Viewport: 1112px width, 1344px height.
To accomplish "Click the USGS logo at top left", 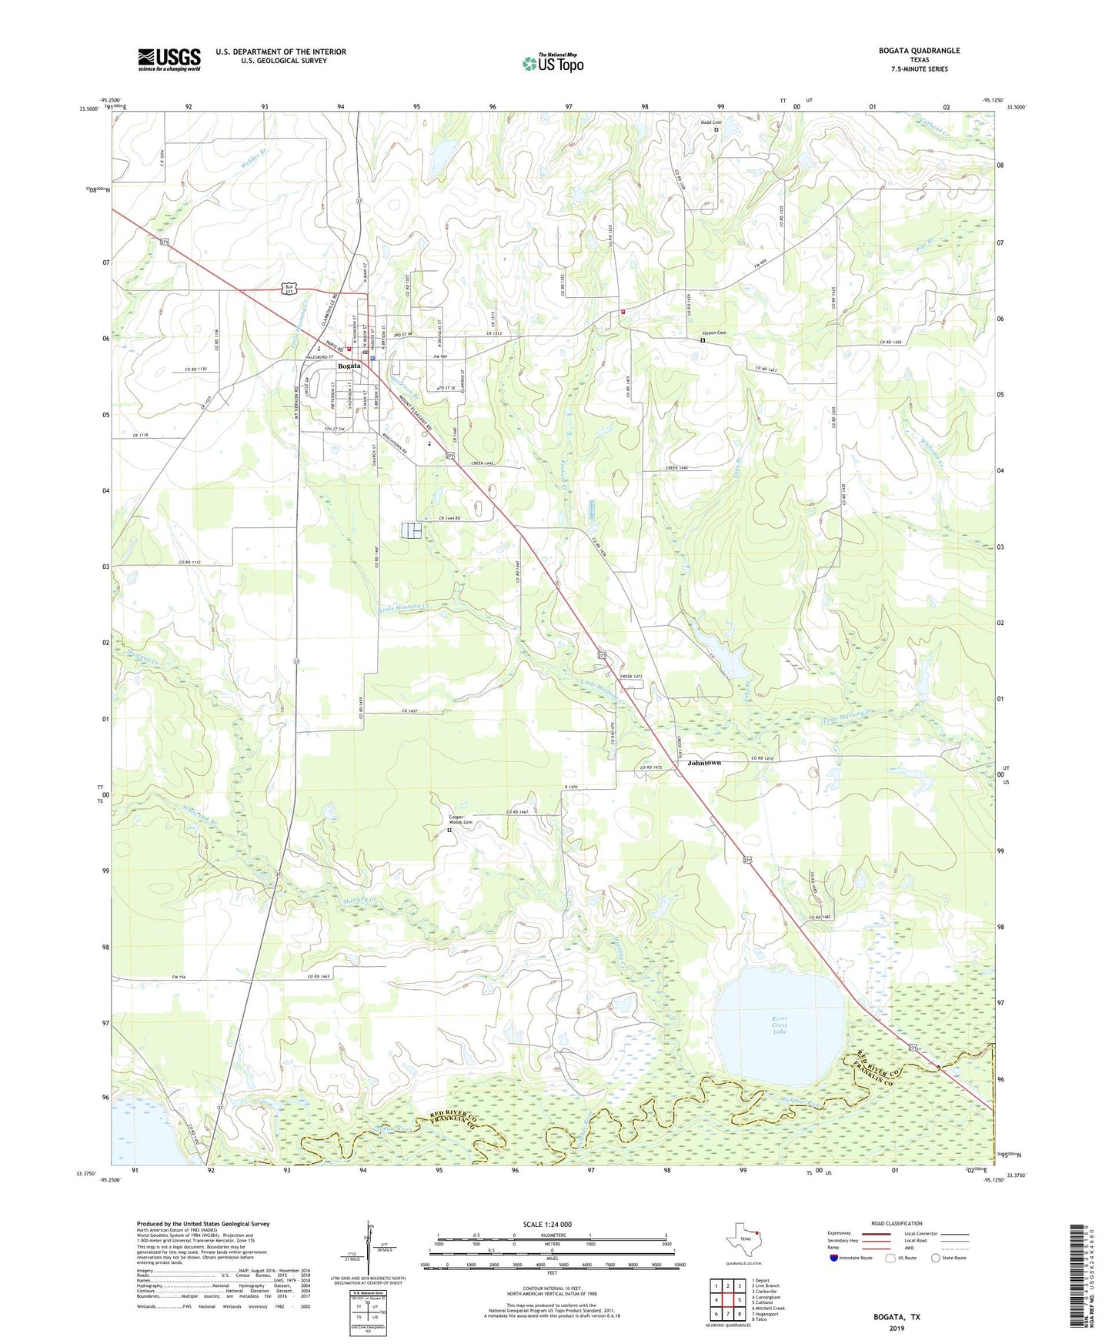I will (169, 59).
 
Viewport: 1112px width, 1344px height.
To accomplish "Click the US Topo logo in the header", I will (553, 63).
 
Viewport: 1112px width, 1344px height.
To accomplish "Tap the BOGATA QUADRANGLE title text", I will (919, 51).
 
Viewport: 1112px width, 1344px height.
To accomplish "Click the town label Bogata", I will (349, 366).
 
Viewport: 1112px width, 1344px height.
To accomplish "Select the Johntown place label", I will (704, 763).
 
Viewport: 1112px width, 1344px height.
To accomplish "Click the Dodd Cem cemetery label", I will (710, 122).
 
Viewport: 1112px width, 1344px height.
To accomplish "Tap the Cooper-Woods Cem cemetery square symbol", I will (450, 831).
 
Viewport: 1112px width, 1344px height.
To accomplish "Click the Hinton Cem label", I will (713, 333).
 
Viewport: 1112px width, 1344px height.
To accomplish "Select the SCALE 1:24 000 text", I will (546, 1225).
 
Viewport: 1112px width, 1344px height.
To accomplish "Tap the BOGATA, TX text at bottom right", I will (896, 1317).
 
